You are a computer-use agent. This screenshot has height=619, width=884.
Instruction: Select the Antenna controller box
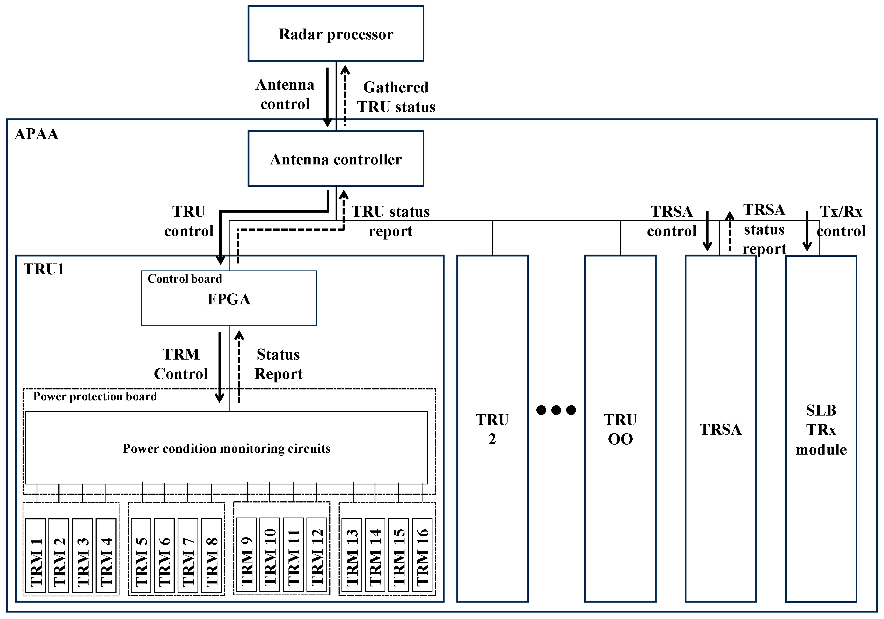pos(336,159)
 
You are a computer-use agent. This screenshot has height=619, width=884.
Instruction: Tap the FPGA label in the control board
pos(229,299)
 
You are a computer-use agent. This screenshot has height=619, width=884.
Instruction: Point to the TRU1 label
pos(44,269)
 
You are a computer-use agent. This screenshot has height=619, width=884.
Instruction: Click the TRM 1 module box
pos(36,555)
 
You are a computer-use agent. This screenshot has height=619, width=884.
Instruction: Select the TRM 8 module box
pos(211,555)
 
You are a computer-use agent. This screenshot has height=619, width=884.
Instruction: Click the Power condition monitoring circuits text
pos(226,448)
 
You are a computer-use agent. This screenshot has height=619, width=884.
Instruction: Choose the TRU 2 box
pos(492,428)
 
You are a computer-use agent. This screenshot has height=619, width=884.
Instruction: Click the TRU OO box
pos(620,428)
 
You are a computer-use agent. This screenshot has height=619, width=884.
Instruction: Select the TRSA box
pos(720,428)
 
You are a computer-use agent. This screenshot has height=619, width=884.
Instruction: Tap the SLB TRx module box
pos(821,428)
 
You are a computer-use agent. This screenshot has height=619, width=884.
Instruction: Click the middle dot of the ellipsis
pos(556,410)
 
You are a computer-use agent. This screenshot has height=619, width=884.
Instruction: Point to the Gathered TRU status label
pos(396,97)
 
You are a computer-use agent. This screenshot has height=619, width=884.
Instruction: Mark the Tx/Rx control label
pos(841,221)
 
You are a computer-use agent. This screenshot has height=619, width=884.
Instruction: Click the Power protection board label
pos(95,396)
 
